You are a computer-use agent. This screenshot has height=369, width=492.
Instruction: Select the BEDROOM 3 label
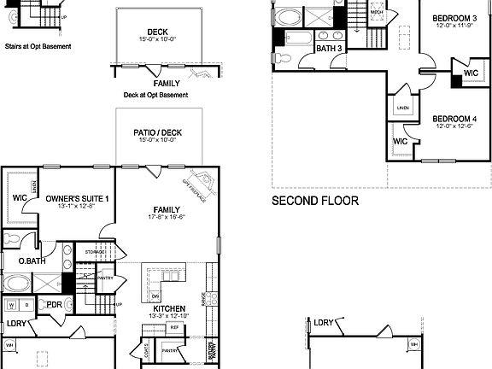click(454, 18)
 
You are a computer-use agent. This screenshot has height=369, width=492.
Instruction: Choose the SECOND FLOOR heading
click(315, 202)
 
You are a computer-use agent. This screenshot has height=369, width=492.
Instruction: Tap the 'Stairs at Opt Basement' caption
click(38, 46)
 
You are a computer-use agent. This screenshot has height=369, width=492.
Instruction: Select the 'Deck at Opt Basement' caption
click(155, 95)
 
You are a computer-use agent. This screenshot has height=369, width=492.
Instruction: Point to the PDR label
click(55, 304)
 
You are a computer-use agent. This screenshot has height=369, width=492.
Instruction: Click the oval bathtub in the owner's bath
click(19, 284)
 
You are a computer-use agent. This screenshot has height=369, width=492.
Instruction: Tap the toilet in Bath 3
click(283, 57)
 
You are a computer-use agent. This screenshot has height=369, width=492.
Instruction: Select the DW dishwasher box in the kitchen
click(155, 296)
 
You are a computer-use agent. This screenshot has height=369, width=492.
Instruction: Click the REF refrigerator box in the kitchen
click(174, 327)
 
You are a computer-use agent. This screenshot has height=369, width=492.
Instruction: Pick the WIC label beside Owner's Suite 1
click(20, 198)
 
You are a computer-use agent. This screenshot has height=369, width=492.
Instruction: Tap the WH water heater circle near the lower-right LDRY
click(414, 344)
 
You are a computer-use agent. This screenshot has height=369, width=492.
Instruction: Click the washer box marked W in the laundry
click(12, 305)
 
